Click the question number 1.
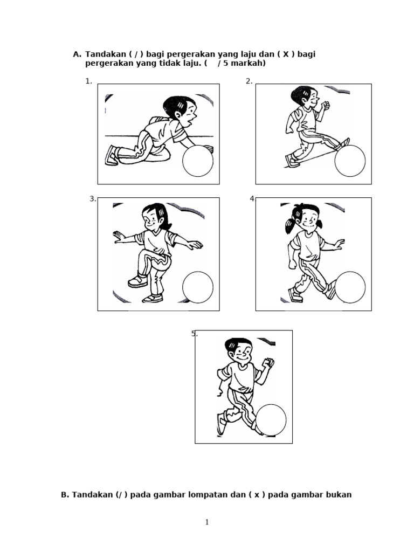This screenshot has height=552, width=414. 88,81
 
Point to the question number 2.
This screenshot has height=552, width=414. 249,81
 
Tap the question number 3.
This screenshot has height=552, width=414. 93,199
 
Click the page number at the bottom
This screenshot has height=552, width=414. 207,522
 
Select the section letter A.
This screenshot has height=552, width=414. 77,54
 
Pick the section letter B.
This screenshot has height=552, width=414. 65,495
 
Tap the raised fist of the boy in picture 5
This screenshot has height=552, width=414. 268,362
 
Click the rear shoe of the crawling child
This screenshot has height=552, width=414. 112,155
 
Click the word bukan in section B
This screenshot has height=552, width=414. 339,495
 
